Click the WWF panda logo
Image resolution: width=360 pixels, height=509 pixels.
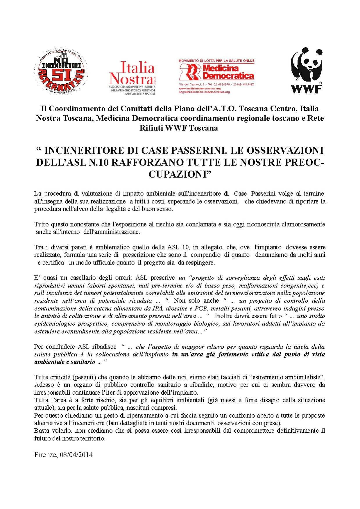(x=307, y=70)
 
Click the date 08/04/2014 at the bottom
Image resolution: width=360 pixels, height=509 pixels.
(x=76, y=455)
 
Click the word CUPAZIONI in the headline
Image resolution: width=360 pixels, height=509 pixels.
(x=180, y=174)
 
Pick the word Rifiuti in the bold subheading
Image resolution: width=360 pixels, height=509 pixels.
(x=151, y=128)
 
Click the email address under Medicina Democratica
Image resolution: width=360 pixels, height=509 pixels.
(x=204, y=92)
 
